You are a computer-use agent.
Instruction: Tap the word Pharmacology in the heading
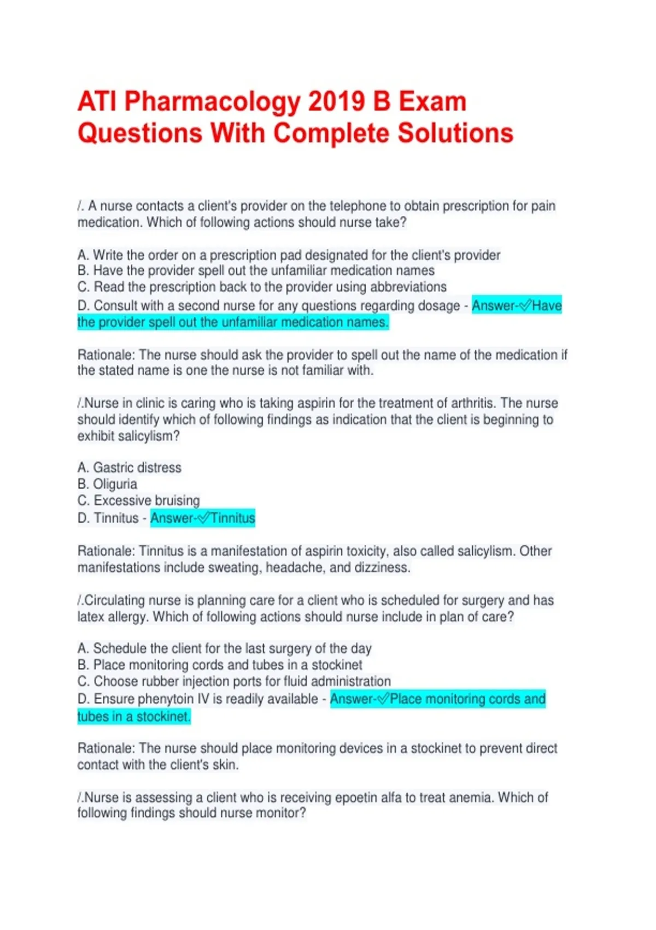pos(213,102)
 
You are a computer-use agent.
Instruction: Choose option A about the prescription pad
pos(289,255)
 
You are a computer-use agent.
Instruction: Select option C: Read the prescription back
pos(262,287)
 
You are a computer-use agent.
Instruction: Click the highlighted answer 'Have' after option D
pos(547,305)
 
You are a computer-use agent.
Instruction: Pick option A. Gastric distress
pos(130,468)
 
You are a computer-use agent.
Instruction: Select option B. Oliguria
pos(108,484)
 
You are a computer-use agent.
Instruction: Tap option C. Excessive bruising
pos(139,501)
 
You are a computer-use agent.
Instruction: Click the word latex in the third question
pos(91,617)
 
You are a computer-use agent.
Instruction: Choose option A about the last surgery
pos(224,648)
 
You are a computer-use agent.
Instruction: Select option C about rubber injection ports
pos(234,681)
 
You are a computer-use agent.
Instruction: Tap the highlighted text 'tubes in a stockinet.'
pos(134,716)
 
